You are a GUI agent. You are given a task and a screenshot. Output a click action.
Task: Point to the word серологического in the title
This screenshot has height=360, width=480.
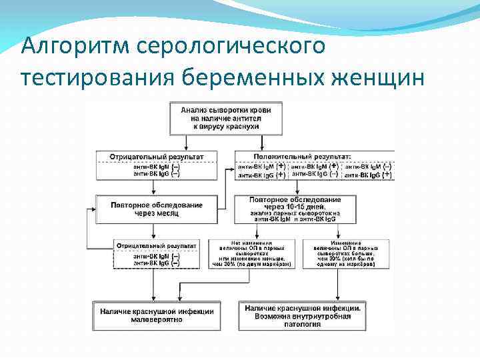232,47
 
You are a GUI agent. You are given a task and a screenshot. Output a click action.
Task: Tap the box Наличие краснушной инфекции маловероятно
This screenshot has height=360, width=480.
157,315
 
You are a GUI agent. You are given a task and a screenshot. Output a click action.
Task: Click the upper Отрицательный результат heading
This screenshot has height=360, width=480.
151,156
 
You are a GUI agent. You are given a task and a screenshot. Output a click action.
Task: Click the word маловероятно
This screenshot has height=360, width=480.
157,319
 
